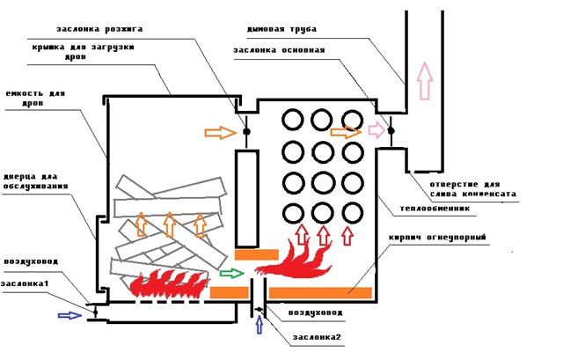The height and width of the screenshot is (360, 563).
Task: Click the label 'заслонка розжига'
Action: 99,29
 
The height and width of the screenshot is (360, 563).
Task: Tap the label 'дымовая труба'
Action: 281,29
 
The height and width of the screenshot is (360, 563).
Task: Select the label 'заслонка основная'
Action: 279,50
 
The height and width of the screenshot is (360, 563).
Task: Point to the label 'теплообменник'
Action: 435,209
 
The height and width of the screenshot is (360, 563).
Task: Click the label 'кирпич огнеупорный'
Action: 437,238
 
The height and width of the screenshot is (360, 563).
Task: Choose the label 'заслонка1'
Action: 25,283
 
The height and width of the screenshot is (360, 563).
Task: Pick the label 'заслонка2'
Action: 317,337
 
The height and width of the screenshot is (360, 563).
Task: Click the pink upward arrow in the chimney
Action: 425,80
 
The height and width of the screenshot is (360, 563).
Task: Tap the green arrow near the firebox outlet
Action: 232,274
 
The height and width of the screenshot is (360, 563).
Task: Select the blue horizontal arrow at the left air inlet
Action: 70,315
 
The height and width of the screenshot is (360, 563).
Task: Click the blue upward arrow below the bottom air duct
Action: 259,327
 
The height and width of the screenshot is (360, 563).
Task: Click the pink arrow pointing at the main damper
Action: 377,130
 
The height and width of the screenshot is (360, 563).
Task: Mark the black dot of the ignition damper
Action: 246,131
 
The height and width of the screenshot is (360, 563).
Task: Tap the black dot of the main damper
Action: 391,131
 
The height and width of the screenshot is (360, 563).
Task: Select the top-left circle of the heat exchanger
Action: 293,120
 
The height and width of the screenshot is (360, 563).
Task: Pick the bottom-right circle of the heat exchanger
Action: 353,213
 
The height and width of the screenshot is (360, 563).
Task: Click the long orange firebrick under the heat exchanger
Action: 320,293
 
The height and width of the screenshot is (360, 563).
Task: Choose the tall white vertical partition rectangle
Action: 246,199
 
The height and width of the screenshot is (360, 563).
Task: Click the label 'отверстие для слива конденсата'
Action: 472,189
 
